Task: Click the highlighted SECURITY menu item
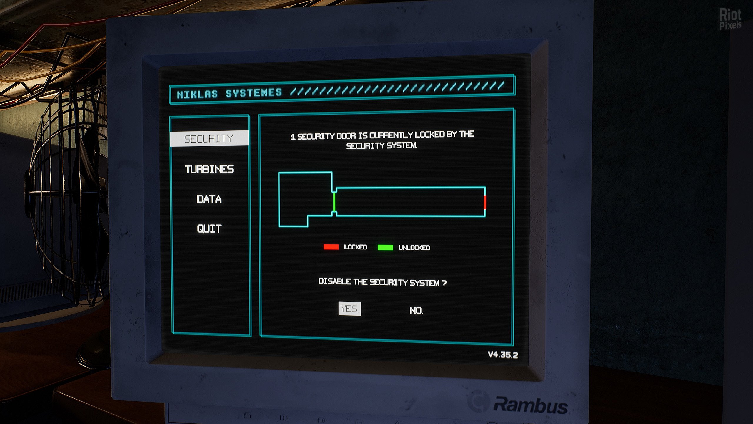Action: (x=209, y=138)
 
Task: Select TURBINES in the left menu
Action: (x=209, y=169)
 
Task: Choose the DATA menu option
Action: (x=209, y=199)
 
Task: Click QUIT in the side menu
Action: (x=209, y=229)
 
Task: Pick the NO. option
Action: (x=416, y=310)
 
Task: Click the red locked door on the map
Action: (x=485, y=202)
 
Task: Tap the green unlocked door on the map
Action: (x=334, y=202)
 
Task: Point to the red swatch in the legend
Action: (x=331, y=247)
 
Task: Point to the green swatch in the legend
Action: (x=385, y=247)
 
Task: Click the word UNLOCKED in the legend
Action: (x=414, y=248)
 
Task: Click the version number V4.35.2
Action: (x=503, y=355)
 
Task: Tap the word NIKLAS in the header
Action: (x=197, y=94)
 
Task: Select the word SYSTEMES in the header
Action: (x=254, y=93)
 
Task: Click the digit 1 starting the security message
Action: (x=293, y=137)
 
